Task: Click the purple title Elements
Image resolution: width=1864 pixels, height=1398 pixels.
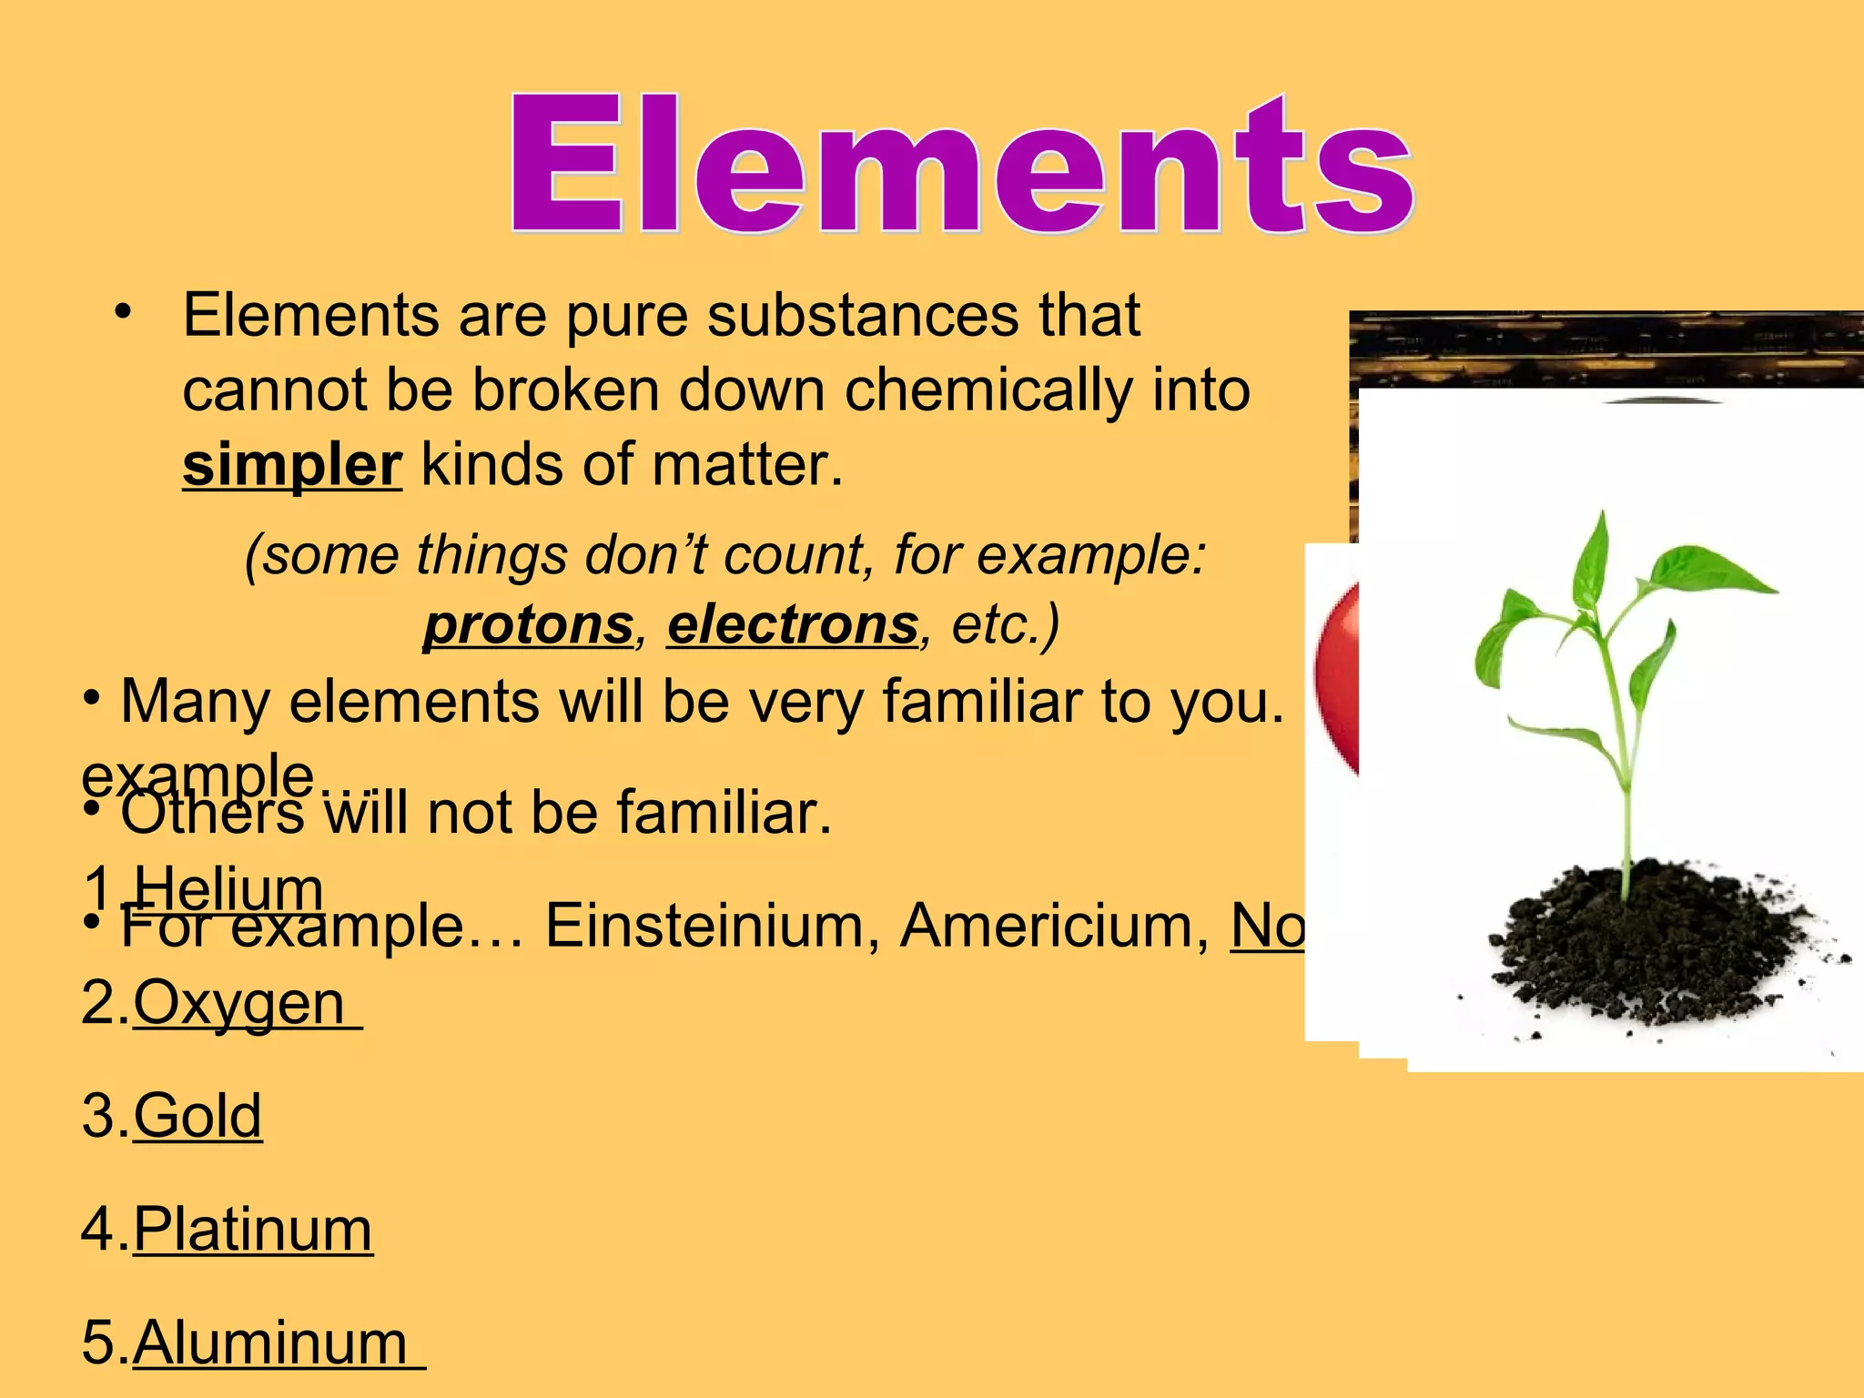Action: (960, 164)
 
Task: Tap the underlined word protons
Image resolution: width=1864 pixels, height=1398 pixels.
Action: (529, 625)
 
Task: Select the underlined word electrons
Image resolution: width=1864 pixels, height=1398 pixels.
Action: (793, 625)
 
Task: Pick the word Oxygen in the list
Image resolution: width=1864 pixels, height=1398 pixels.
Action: (239, 1003)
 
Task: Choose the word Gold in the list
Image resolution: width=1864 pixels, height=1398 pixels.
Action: (198, 1116)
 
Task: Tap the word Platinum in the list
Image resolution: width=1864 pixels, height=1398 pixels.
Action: (253, 1230)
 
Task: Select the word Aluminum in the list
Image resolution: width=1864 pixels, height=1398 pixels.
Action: (271, 1342)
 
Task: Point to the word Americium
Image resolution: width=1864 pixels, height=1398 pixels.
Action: (1056, 926)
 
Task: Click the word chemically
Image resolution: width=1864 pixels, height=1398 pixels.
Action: (988, 391)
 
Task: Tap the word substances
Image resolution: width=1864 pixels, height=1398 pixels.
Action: (863, 316)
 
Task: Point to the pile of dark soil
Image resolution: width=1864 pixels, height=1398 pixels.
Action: (1638, 947)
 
